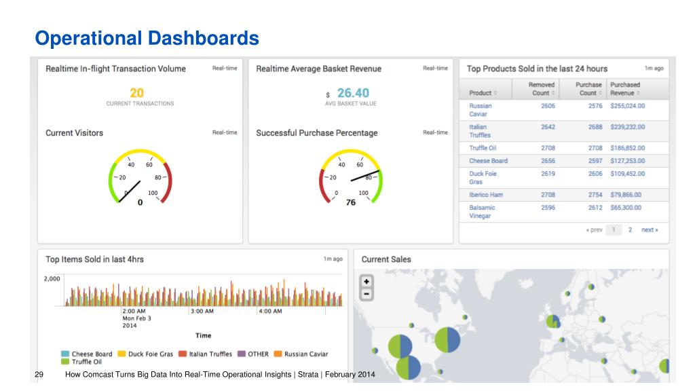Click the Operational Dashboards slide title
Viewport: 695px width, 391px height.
[147, 38]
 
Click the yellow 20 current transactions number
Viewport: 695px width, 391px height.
[136, 93]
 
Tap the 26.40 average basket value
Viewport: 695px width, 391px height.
[353, 93]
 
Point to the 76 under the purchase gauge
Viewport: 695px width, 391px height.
[351, 202]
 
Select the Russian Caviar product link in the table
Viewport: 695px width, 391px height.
[481, 110]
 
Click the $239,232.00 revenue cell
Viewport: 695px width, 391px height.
[628, 127]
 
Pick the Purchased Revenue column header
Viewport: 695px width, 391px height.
[625, 89]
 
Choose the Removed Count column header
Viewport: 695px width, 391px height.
[541, 89]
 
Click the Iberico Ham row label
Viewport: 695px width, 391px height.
[486, 195]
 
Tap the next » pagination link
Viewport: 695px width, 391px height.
[650, 229]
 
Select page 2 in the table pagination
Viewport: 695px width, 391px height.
[630, 229]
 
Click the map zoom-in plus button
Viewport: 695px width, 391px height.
[367, 282]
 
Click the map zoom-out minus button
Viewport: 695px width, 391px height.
[367, 293]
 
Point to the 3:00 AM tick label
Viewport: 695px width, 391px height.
[202, 311]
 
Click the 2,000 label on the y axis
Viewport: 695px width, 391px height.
[52, 279]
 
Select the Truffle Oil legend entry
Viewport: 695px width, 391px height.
[81, 362]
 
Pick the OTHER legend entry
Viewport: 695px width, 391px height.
[253, 354]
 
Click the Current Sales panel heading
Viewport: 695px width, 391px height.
[386, 259]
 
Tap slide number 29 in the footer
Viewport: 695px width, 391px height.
[39, 375]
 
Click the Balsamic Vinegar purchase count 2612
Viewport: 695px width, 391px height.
[595, 208]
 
